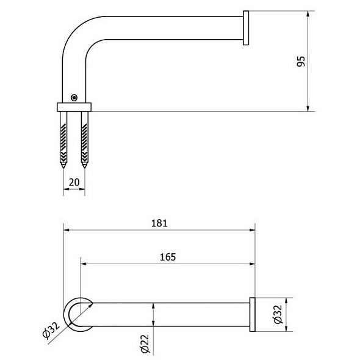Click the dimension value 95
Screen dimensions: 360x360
tap(301, 62)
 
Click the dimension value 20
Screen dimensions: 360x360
tap(74, 181)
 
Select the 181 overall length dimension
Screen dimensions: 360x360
tap(160, 223)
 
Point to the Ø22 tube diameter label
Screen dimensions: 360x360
tap(145, 343)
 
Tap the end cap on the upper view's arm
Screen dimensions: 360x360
tap(246, 28)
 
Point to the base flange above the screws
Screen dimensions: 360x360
tap(74, 106)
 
